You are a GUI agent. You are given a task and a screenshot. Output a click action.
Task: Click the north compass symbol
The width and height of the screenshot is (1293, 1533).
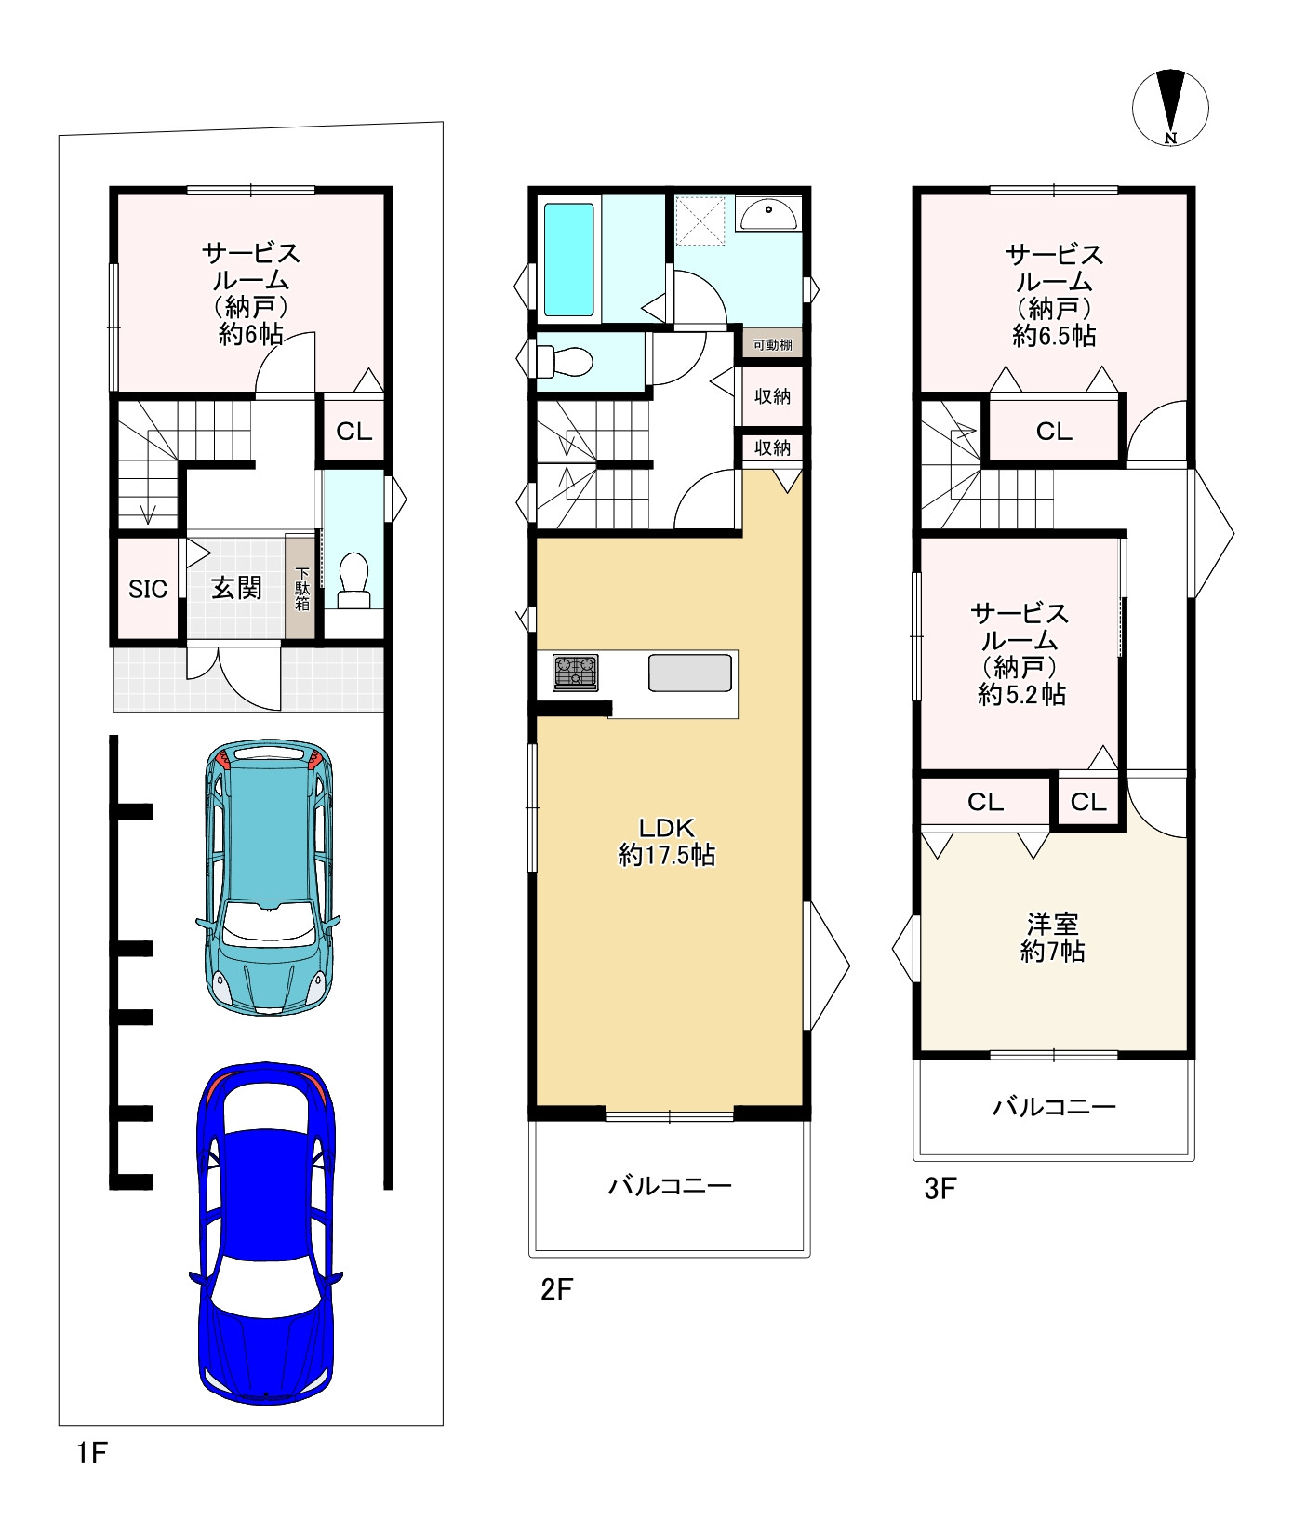pos(1170,108)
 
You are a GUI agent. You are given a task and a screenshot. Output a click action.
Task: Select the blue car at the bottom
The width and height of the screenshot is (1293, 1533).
pos(267,1233)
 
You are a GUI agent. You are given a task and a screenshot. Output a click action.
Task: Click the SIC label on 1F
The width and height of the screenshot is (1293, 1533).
pos(148,589)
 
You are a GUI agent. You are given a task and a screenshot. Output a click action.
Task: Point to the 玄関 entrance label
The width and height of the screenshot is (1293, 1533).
pos(236,588)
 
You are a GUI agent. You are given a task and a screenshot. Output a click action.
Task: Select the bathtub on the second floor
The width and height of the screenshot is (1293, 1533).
pos(568,260)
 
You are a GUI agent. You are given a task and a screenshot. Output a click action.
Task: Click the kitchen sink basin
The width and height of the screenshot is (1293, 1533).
pos(689,673)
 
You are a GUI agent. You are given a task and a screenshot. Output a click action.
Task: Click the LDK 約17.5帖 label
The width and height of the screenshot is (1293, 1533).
pos(667,842)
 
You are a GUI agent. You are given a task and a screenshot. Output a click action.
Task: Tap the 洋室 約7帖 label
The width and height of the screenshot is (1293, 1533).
pos(1053,938)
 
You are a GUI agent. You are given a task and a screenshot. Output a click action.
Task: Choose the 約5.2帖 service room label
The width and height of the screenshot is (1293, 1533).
pos(1021,695)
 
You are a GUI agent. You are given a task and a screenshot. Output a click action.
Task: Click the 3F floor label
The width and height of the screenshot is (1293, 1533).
pos(940,1188)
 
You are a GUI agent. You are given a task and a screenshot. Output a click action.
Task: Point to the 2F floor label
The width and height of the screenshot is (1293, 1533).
pos(557,1289)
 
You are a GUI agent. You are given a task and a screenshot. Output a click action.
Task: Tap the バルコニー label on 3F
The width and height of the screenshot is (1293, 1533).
pos(1054,1107)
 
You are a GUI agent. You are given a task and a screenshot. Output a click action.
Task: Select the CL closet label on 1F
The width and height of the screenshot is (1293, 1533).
pos(353,432)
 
